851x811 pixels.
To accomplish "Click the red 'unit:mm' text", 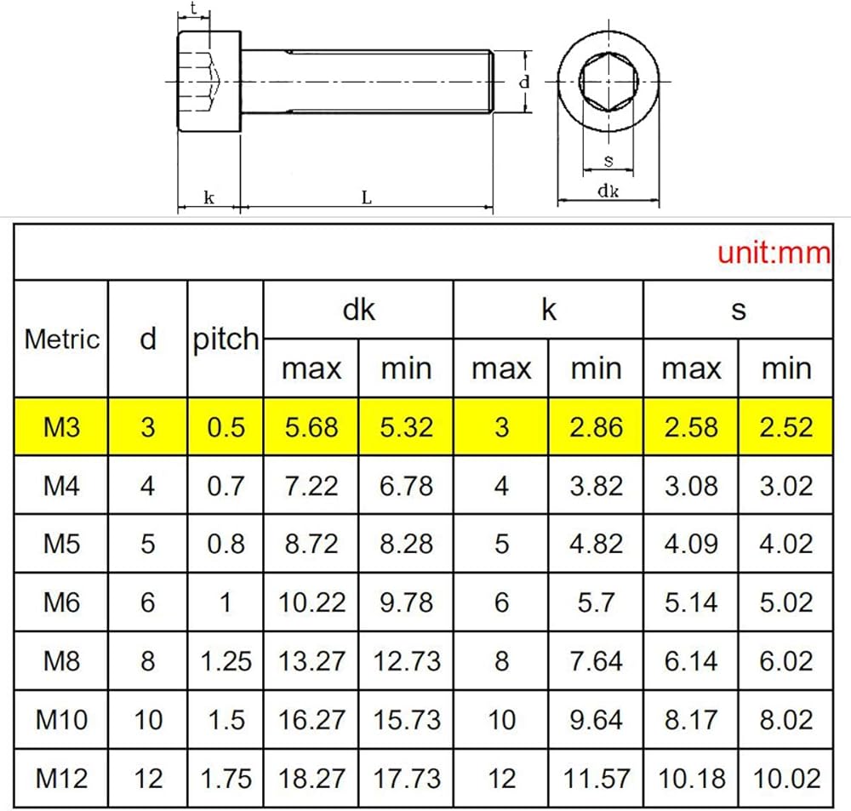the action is (x=774, y=253).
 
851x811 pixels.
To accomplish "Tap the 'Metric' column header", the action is (x=62, y=340).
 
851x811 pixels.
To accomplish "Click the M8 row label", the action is (x=61, y=661).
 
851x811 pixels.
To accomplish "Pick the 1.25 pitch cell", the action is (x=226, y=661).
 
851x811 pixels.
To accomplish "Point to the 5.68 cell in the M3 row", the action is (x=311, y=427).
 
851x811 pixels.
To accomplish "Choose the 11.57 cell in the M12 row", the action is (x=596, y=779).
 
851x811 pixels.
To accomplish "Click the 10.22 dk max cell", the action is (x=311, y=603).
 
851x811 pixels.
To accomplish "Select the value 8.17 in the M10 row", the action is (x=691, y=720).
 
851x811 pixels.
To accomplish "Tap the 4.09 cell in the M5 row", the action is (x=691, y=544).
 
